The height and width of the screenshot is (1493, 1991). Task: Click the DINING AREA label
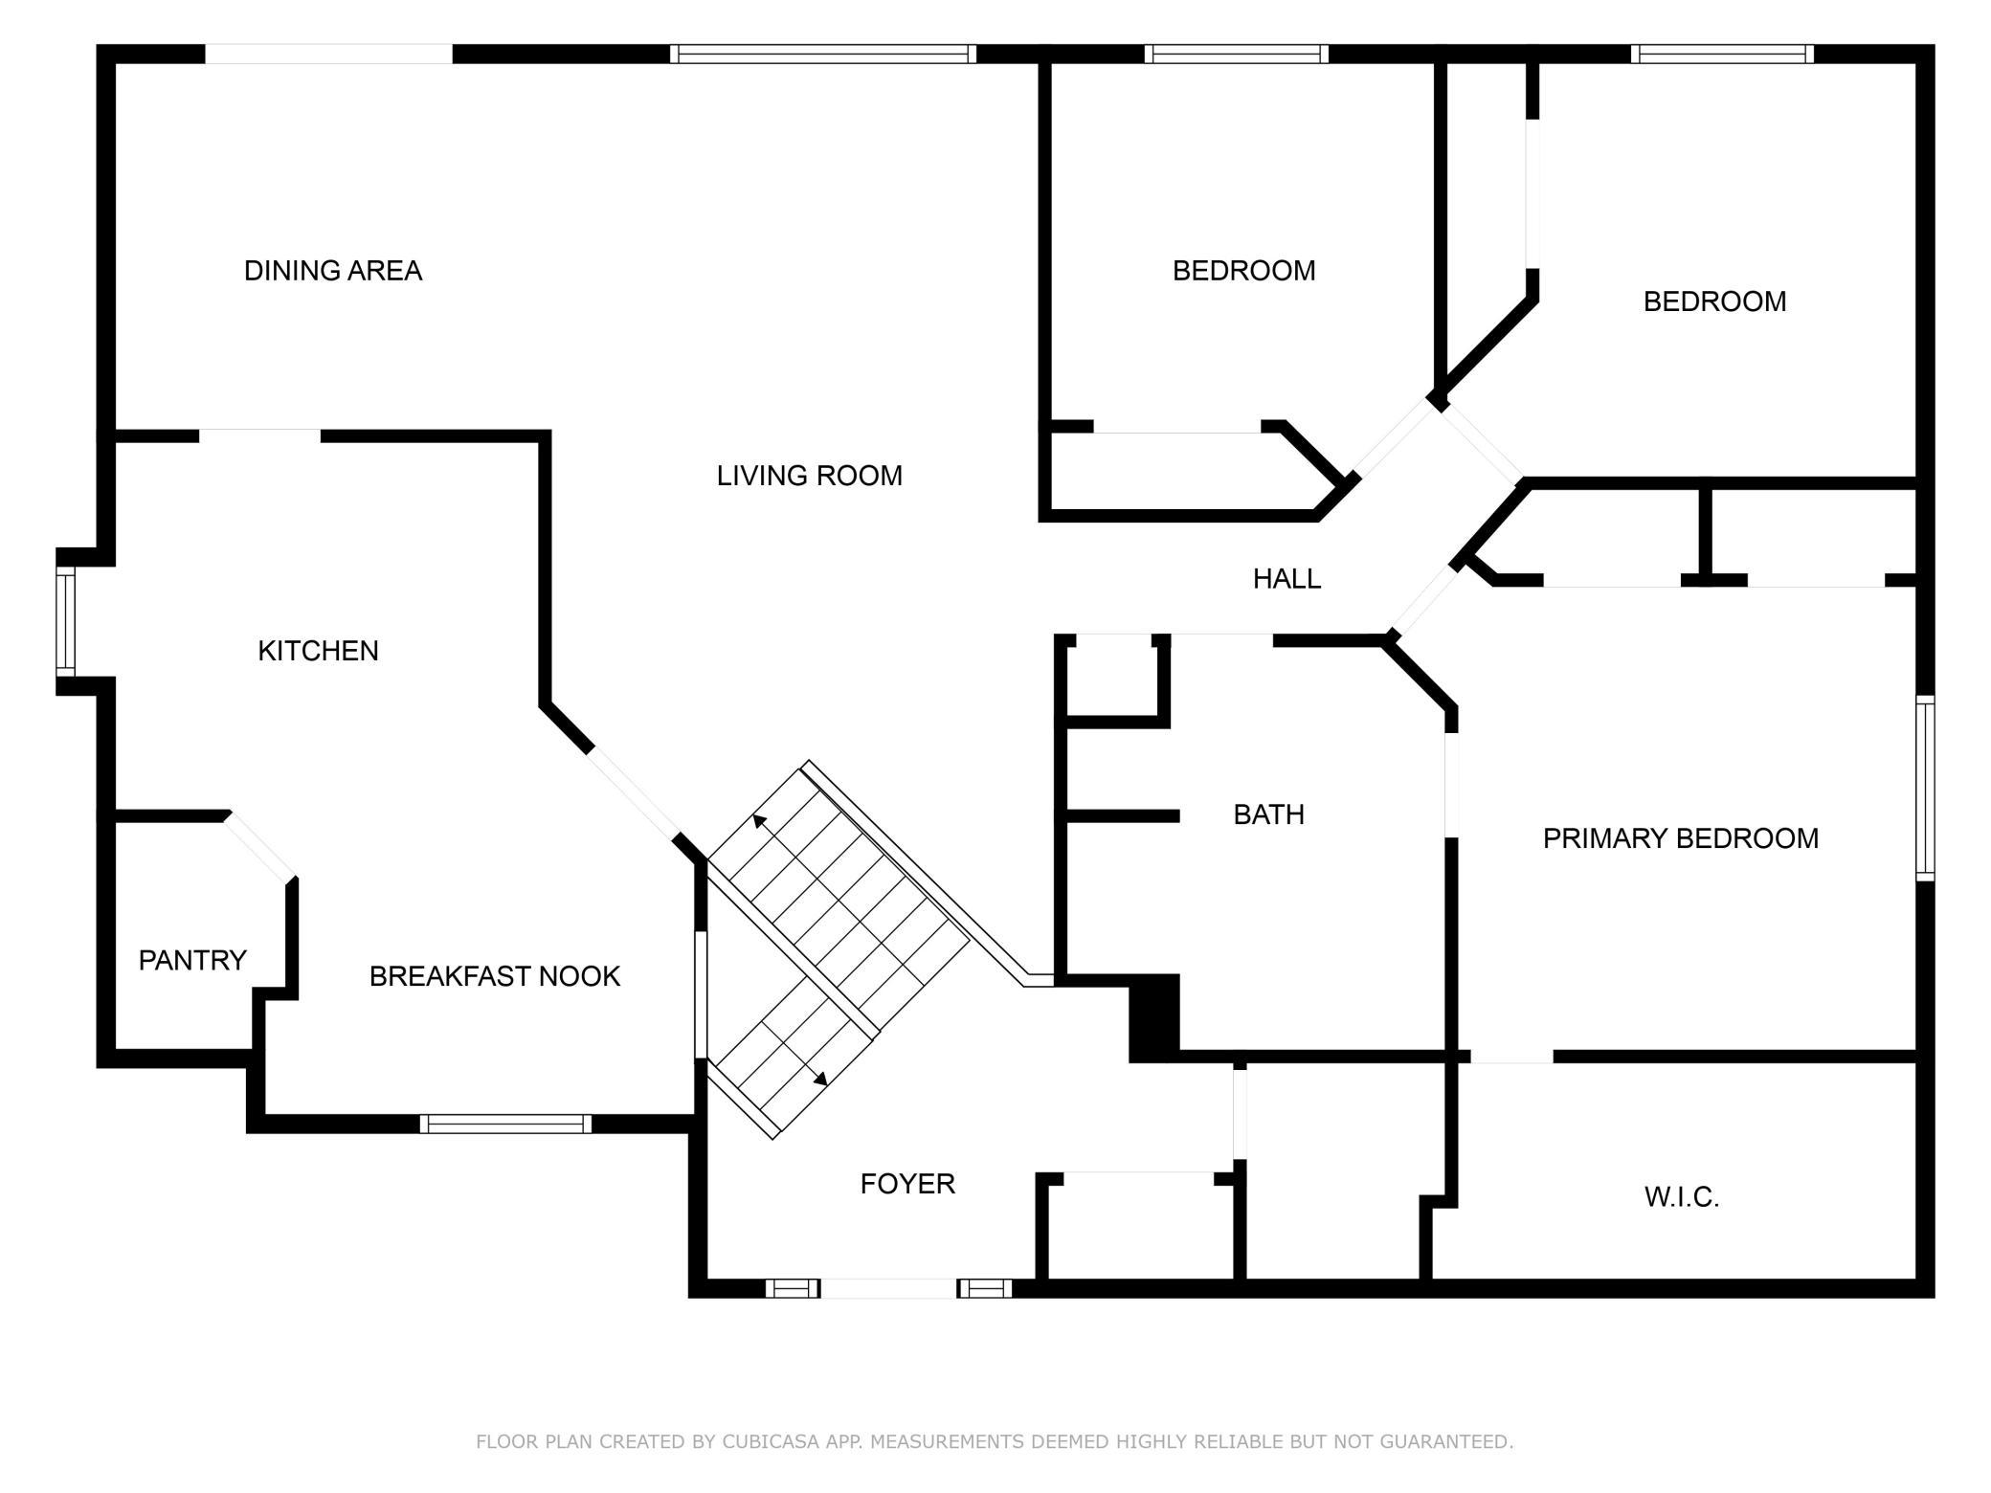click(x=333, y=271)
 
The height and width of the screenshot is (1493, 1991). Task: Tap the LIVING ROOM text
click(x=810, y=476)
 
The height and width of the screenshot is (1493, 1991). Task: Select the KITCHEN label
click(x=319, y=651)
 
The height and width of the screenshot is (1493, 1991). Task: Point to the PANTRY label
click(x=192, y=960)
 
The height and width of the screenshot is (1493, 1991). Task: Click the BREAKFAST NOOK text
click(x=495, y=976)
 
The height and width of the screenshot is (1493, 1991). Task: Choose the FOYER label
click(x=907, y=1184)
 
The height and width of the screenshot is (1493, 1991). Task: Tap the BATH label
click(x=1268, y=814)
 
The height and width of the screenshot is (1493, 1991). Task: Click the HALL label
click(x=1287, y=578)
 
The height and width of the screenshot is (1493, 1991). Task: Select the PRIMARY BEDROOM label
click(x=1681, y=838)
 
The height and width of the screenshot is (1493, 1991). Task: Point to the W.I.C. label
click(x=1682, y=1197)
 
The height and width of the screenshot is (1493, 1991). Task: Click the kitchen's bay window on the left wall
click(x=65, y=622)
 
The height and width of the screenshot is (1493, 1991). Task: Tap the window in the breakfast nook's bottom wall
click(x=505, y=1124)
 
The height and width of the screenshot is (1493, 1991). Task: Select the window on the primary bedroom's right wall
click(x=1925, y=789)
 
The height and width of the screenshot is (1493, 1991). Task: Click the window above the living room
click(x=823, y=54)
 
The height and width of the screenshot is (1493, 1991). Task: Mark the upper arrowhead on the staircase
click(x=760, y=820)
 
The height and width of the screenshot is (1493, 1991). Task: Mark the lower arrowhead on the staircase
click(x=820, y=1079)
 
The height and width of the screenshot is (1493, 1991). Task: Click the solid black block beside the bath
click(x=1154, y=1018)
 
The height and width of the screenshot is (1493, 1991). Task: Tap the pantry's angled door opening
click(x=259, y=846)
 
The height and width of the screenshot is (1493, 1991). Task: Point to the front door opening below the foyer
click(x=889, y=1288)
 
